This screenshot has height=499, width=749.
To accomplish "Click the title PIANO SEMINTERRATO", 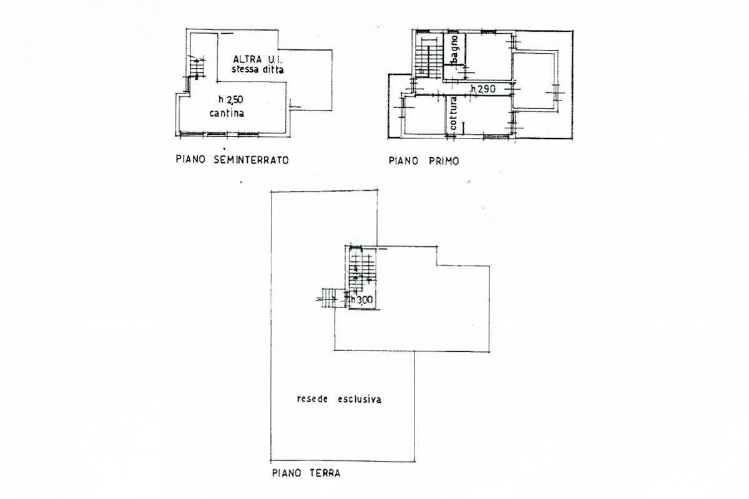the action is point(232,160).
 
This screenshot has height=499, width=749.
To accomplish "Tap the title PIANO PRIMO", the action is point(424,161).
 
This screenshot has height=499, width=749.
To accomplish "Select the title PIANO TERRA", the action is point(306,473).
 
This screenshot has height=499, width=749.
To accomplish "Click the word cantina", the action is point(227,114).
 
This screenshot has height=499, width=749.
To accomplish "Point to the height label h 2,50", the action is point(231,99).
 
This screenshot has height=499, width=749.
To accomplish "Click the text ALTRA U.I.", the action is point(257,59).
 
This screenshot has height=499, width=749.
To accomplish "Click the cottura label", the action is point(453,114).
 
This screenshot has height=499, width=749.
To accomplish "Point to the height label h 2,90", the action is point(483,89).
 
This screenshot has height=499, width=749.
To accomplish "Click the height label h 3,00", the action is point(362,300).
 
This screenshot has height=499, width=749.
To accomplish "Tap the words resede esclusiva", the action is point(339,399).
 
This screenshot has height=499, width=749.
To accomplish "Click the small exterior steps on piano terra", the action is point(328,298).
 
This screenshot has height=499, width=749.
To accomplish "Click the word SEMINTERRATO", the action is point(251,160).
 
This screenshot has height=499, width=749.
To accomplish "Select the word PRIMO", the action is point(444,161).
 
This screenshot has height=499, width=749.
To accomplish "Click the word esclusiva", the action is point(360,399).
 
